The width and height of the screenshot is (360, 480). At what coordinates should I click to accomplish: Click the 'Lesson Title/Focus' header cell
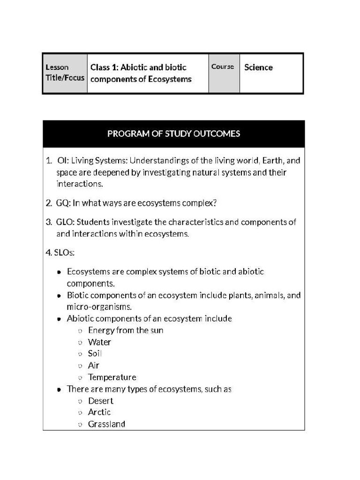coord(65,73)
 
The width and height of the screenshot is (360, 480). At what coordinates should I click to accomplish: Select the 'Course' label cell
coord(223,67)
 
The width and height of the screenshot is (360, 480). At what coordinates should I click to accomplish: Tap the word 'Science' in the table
coord(258,67)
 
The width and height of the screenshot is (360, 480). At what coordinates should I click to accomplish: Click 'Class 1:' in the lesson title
coord(103,67)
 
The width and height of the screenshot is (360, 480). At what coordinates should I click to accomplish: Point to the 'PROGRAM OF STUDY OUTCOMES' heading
coord(173,134)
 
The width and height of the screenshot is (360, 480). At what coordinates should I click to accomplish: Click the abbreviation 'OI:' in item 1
coord(63,161)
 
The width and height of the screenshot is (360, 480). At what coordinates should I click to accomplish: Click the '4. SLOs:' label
coord(60,253)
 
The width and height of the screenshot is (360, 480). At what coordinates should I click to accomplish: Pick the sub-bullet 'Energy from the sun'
coord(126,330)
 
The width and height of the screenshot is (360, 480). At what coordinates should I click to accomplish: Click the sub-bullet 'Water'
coord(99,342)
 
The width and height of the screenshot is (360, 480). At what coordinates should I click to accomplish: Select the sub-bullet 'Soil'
coord(95,354)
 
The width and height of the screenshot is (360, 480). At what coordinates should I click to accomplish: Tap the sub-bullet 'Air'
coord(94,366)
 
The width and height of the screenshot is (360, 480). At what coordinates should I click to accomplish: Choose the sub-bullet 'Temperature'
coord(112,377)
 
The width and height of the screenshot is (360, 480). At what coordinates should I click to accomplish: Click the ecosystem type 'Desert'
coord(101,401)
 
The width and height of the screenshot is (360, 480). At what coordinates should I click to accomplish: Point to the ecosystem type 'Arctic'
coord(99,412)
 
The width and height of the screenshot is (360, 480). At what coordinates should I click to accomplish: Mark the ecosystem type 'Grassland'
coord(106,424)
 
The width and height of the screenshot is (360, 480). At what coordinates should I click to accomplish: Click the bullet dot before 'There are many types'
coord(59,390)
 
